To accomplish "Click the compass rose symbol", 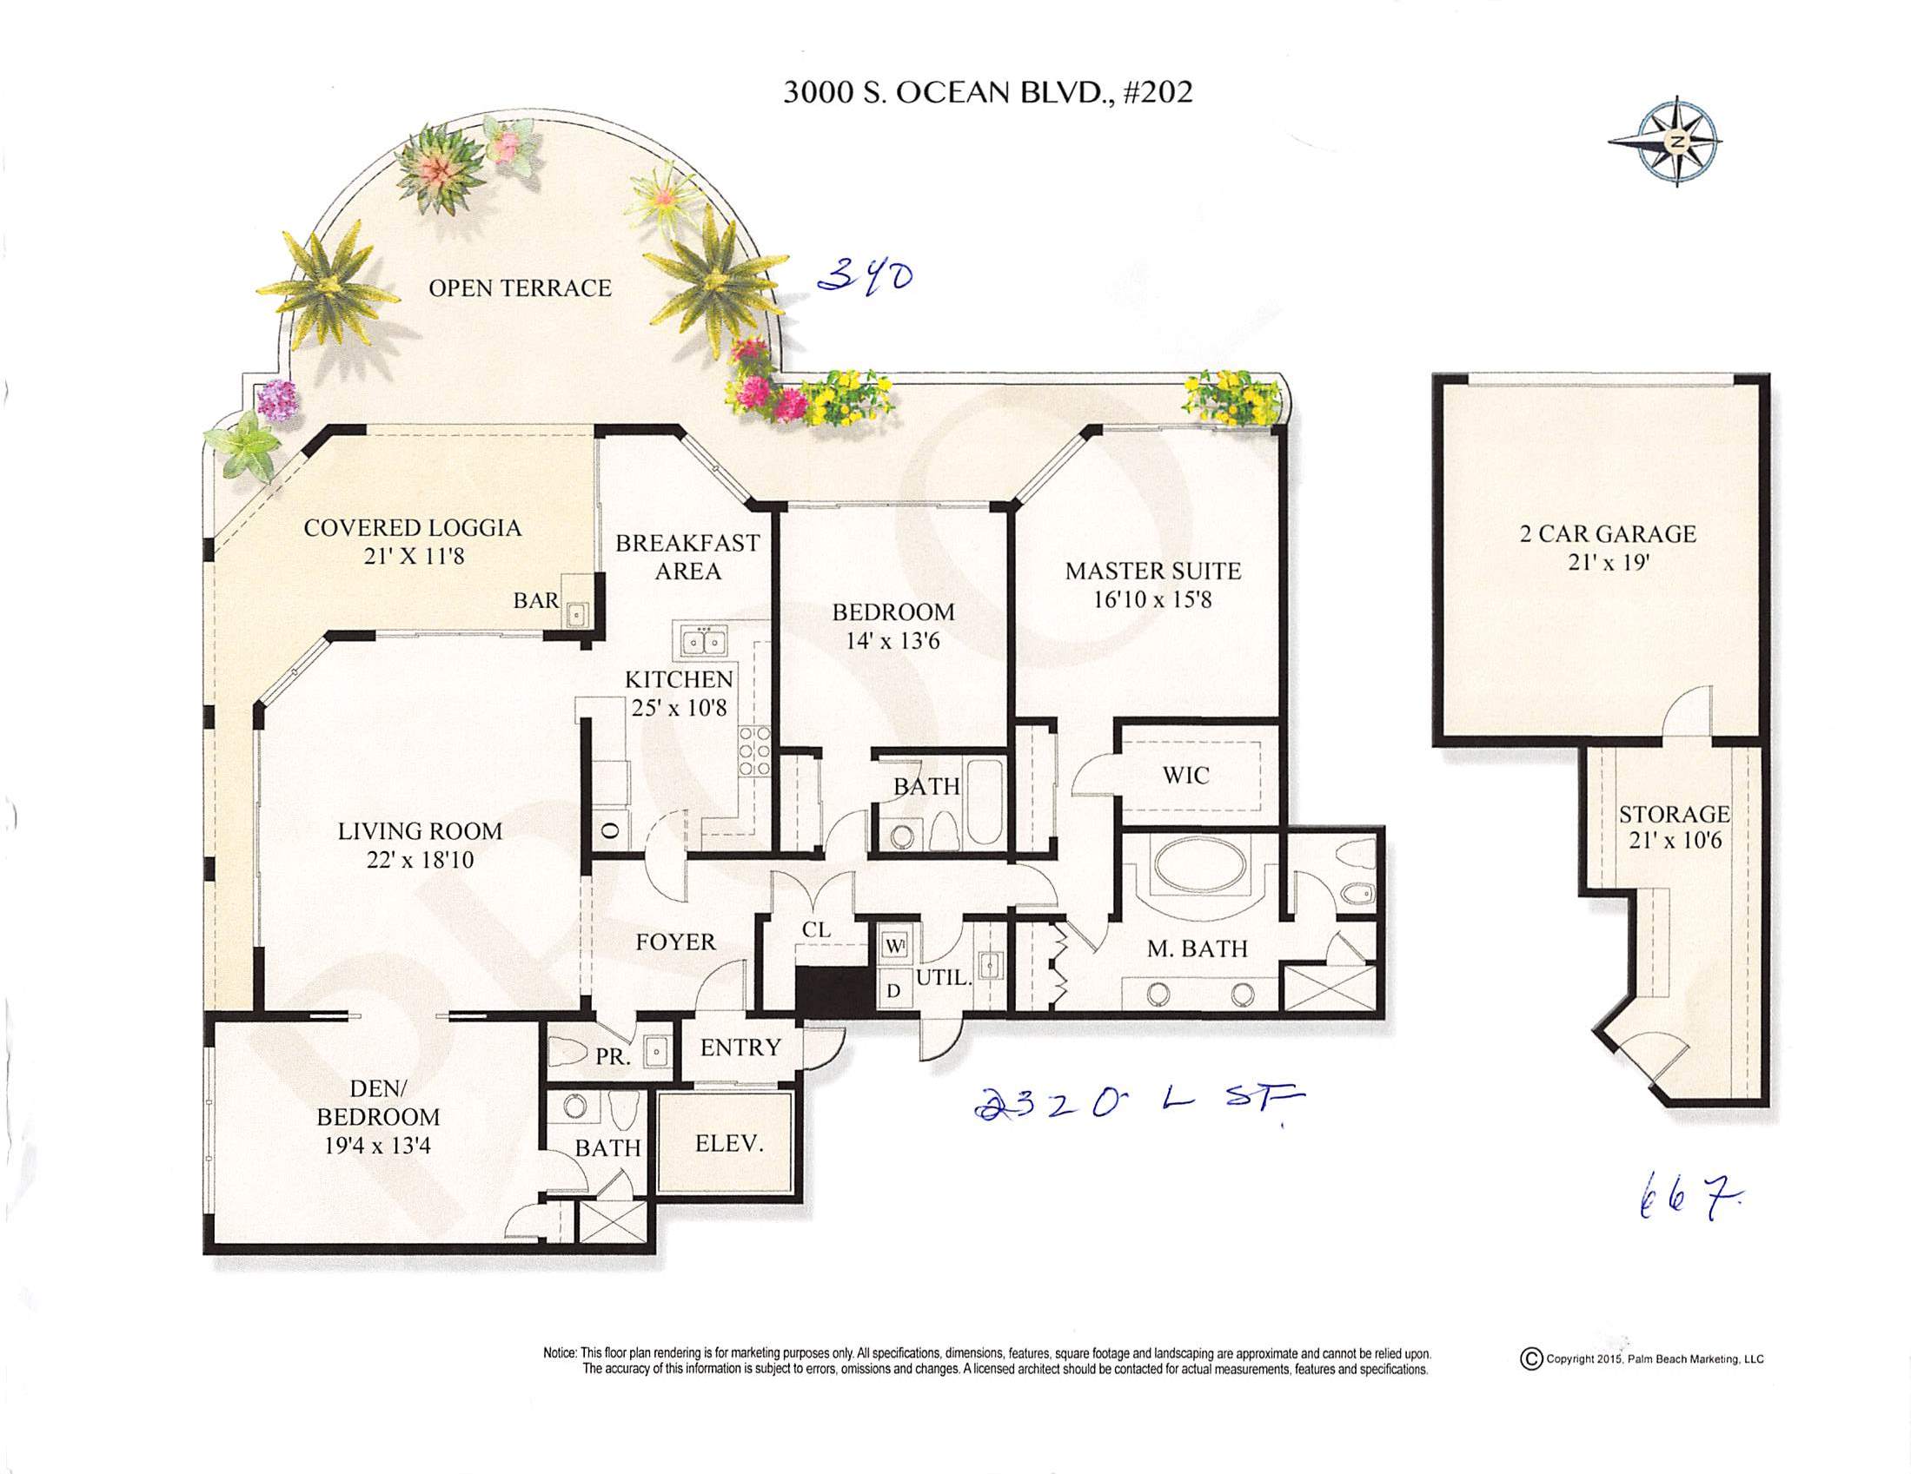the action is tap(1664, 142).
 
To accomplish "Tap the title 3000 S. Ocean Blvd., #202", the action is tap(987, 93).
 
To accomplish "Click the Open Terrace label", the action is tap(520, 288).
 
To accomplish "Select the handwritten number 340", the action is tap(866, 276).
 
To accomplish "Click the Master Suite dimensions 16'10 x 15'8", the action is tap(1152, 600).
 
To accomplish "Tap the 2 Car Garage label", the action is tap(1609, 533).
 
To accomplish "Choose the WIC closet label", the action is tap(1186, 775).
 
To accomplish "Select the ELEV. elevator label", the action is tap(730, 1143).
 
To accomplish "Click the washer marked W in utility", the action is tap(893, 946).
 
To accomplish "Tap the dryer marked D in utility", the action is tap(893, 990).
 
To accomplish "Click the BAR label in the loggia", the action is tap(535, 600).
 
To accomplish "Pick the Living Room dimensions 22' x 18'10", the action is tap(420, 860).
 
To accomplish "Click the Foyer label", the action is tap(675, 942).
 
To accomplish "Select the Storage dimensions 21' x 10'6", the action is tap(1674, 841).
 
